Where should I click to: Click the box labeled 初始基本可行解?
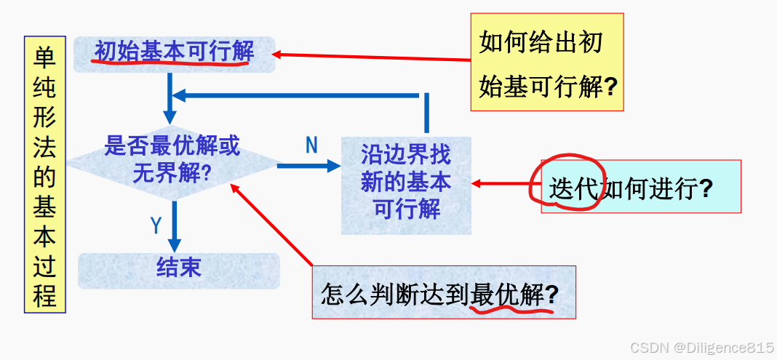175,52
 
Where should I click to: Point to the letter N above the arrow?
311,146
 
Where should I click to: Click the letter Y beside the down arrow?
156,226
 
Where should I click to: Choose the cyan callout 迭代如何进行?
640,188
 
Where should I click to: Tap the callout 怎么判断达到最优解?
444,292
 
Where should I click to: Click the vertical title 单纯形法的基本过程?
45,175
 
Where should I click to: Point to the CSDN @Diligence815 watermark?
701,348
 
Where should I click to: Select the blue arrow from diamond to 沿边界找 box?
308,166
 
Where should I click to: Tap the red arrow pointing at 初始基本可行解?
371,56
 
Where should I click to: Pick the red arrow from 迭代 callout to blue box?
506,183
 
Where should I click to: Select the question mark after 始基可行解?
611,88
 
